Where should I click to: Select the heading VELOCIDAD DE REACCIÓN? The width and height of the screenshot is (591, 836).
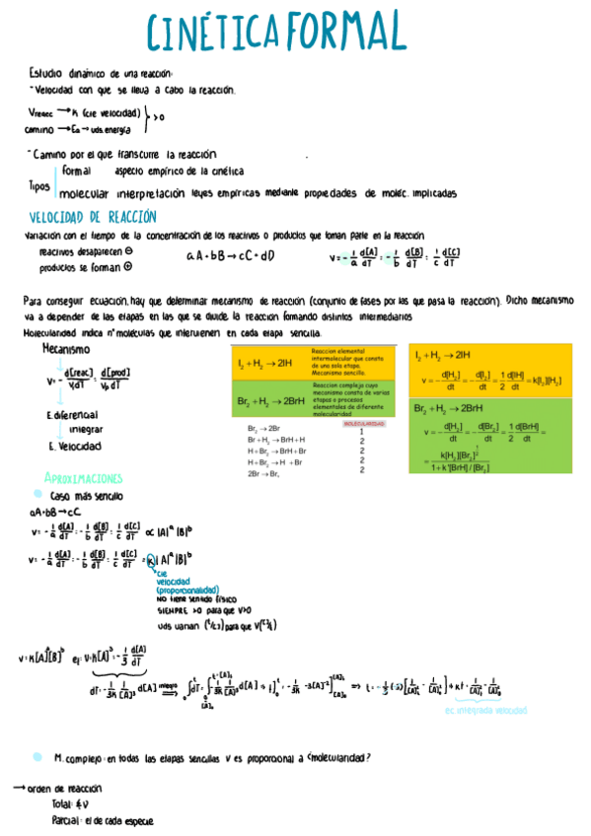(x=93, y=217)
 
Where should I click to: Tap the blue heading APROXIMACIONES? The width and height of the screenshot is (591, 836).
(x=90, y=477)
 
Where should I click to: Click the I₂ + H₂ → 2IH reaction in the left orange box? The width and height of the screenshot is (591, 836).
(x=265, y=364)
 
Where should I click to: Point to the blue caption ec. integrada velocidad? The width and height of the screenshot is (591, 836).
(x=485, y=709)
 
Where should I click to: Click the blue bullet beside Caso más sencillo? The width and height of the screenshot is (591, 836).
(x=37, y=495)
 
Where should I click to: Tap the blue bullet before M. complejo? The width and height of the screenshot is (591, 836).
(x=37, y=757)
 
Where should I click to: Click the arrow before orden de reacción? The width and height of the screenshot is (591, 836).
(x=18, y=789)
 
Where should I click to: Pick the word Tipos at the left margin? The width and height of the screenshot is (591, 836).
(x=39, y=185)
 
